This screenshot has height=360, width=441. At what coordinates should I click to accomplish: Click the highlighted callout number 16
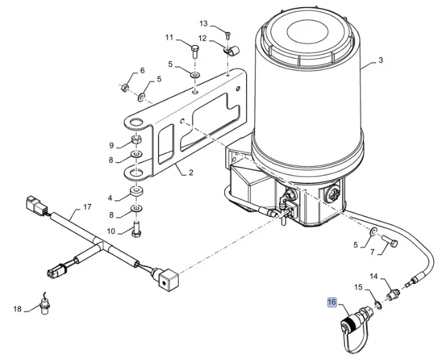tap(332, 302)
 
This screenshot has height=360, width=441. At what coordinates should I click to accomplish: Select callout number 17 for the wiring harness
tap(88, 208)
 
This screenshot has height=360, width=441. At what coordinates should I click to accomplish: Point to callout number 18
tap(17, 308)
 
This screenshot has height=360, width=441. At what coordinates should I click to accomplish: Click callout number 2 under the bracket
tap(190, 173)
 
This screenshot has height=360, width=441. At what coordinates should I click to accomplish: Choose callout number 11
tap(169, 37)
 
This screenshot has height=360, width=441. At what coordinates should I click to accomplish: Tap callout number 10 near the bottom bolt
tap(110, 231)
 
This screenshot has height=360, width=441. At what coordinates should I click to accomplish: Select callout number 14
tap(373, 277)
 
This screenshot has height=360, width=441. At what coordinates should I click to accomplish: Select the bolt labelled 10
tap(136, 228)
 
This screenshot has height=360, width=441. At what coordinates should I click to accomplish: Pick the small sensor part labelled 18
tap(45, 306)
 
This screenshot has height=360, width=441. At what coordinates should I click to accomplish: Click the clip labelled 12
tap(229, 48)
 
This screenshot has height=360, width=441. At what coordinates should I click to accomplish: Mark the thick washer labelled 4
tap(136, 193)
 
